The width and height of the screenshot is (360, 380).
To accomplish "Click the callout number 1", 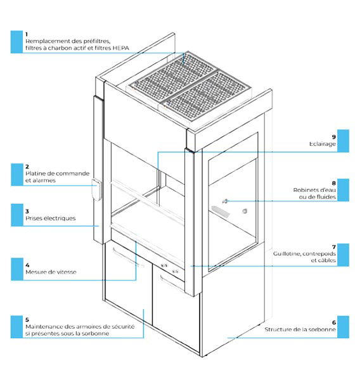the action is coord(27,34).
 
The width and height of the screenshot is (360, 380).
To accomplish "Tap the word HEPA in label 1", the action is coord(120,48).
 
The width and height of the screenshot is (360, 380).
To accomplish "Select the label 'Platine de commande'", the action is coord(58,174).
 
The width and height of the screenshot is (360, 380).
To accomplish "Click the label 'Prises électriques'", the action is coord(51,218).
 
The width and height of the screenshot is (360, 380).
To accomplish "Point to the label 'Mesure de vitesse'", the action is coord(51,272).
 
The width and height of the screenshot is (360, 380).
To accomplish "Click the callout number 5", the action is coord(27,320).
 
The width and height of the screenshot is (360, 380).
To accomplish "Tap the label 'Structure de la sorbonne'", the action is coord(300,329).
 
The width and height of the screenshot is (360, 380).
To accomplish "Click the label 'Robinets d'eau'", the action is coord(314,190).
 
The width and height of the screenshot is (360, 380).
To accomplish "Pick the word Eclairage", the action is coord(323,144).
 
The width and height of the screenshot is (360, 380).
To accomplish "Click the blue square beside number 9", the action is coord(344,141).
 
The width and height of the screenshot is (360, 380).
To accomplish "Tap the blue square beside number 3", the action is coord(17,215).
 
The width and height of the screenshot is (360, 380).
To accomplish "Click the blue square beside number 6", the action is coord(344,327).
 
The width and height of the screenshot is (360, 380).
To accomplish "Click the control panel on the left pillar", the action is coord(96,190).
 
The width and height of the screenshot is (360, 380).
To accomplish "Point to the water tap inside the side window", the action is coord(225,201).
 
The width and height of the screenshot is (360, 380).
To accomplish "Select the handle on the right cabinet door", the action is coord(173,282).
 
